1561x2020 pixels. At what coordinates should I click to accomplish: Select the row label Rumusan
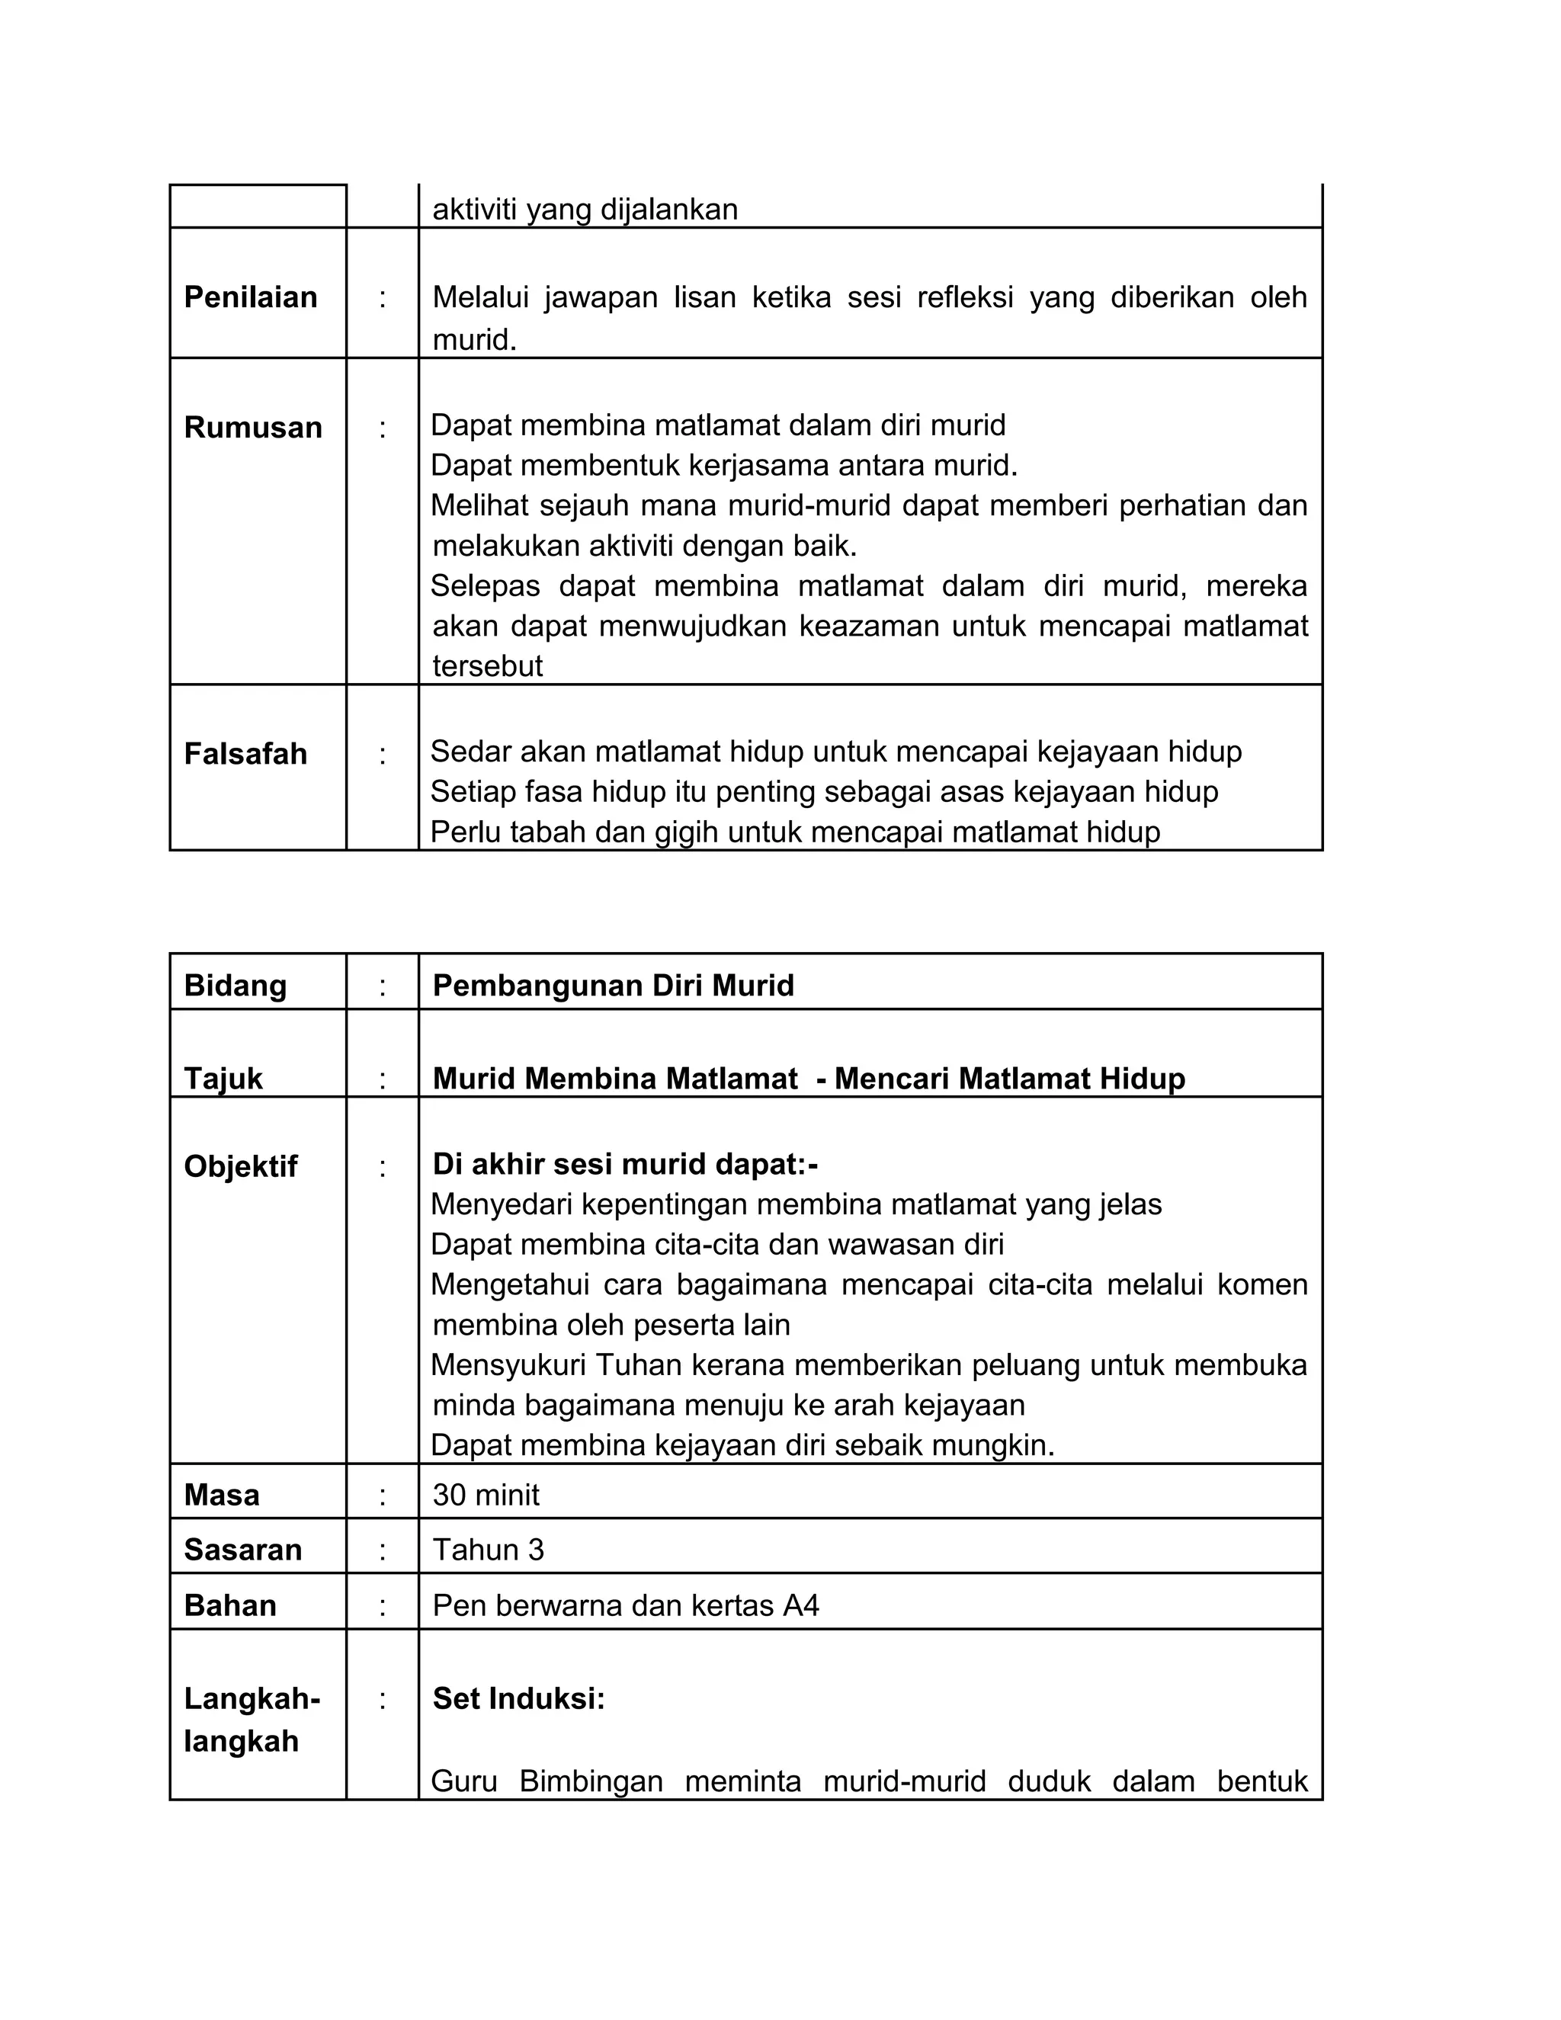coord(252,428)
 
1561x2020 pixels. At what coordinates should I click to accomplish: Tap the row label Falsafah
coord(245,754)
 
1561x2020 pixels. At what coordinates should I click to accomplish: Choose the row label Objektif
coord(240,1166)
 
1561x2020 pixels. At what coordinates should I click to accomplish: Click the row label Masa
coord(222,1495)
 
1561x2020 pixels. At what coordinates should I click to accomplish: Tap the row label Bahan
coord(230,1605)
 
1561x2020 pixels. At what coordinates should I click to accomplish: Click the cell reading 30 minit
coord(486,1495)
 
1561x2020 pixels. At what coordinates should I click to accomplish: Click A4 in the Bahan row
coord(801,1605)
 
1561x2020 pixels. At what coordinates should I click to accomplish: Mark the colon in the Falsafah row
coord(382,754)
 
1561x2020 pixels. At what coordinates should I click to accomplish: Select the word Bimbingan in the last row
coord(591,1781)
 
